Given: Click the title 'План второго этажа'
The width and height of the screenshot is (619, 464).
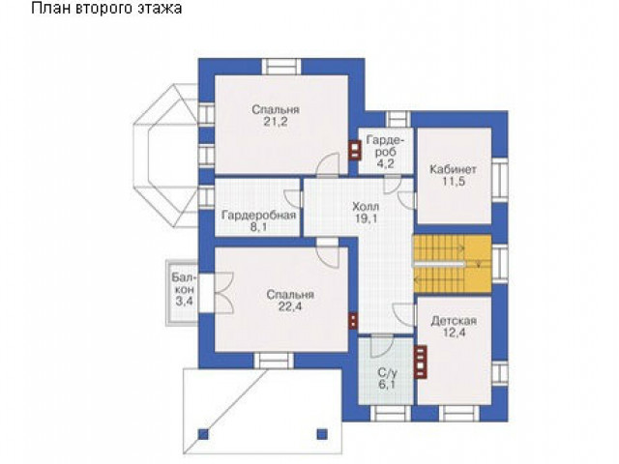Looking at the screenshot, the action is (x=106, y=9).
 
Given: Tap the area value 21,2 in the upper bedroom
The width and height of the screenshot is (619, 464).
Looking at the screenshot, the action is (x=276, y=122).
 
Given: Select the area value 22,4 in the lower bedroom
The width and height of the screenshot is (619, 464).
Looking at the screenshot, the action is (x=290, y=306).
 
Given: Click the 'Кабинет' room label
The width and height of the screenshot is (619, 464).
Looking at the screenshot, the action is (x=453, y=169).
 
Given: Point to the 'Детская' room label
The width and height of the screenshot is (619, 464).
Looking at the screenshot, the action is (x=454, y=320).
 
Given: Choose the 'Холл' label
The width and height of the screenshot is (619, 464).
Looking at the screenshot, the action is (x=366, y=206).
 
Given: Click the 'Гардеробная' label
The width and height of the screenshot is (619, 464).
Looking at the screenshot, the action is (x=258, y=216).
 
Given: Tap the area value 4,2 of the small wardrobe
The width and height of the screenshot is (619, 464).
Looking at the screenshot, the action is (x=385, y=163).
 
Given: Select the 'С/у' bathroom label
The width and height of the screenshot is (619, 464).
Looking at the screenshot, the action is (x=387, y=372).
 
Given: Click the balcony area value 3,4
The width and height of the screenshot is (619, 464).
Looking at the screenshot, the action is (x=185, y=302).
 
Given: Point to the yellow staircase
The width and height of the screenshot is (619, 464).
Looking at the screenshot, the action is (x=452, y=264).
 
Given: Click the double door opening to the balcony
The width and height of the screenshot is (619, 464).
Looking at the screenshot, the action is (x=224, y=293).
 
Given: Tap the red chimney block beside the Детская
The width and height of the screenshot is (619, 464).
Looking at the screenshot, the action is (x=421, y=362).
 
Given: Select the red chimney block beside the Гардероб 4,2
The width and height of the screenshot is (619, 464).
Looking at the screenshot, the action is (x=355, y=151).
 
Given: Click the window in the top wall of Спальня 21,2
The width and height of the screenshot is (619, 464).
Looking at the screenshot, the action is (x=281, y=67).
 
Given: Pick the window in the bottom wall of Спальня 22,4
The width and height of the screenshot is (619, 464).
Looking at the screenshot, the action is (x=274, y=361).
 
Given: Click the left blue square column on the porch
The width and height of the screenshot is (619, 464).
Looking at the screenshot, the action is (x=203, y=434).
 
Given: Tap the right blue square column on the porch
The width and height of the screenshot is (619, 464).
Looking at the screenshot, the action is (x=322, y=434).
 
